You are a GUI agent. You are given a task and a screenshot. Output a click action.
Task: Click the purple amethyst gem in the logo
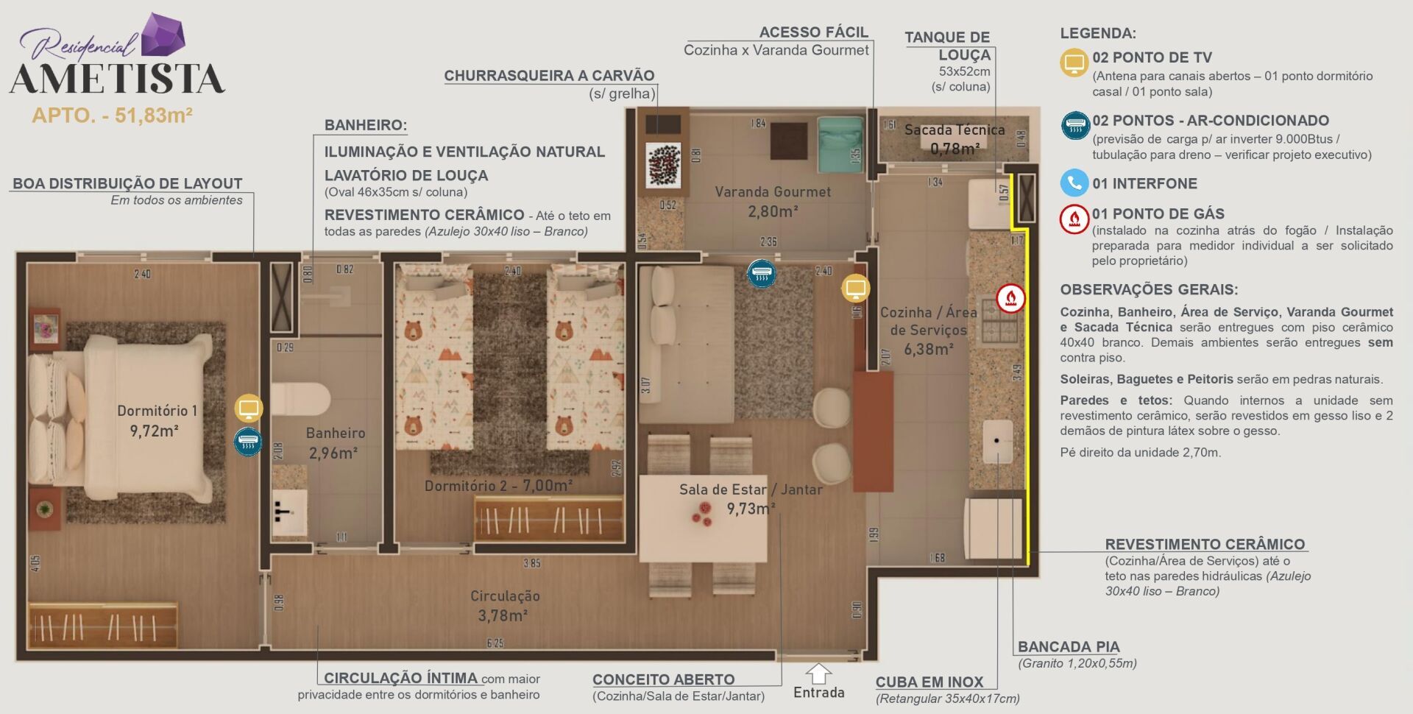click(x=163, y=35)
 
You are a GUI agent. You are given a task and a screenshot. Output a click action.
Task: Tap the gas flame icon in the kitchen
click(x=1010, y=298)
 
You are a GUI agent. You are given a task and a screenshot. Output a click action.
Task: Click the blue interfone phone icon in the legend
click(x=1074, y=183)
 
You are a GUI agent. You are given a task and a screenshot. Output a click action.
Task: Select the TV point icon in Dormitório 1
click(x=249, y=408)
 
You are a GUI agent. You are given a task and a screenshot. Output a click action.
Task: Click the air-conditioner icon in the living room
click(x=761, y=274)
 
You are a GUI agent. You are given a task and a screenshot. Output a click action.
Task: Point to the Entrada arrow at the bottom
click(x=818, y=673)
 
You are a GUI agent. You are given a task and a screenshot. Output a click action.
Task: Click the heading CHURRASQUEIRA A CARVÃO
click(x=549, y=75)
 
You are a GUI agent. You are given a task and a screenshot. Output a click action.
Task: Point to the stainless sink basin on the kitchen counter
click(x=998, y=440)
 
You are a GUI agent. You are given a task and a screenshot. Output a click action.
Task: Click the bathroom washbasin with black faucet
click(x=289, y=512)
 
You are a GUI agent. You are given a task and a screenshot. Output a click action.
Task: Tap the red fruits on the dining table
click(x=702, y=514)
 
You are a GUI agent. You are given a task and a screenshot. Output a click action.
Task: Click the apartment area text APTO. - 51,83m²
click(x=112, y=116)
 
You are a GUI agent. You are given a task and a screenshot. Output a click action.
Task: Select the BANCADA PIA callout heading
click(x=1068, y=646)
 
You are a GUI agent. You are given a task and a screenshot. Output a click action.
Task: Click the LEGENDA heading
click(x=1097, y=33)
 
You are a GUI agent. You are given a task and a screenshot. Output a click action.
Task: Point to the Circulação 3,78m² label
click(x=504, y=605)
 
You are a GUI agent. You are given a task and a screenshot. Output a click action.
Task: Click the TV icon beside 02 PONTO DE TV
click(x=1074, y=63)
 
